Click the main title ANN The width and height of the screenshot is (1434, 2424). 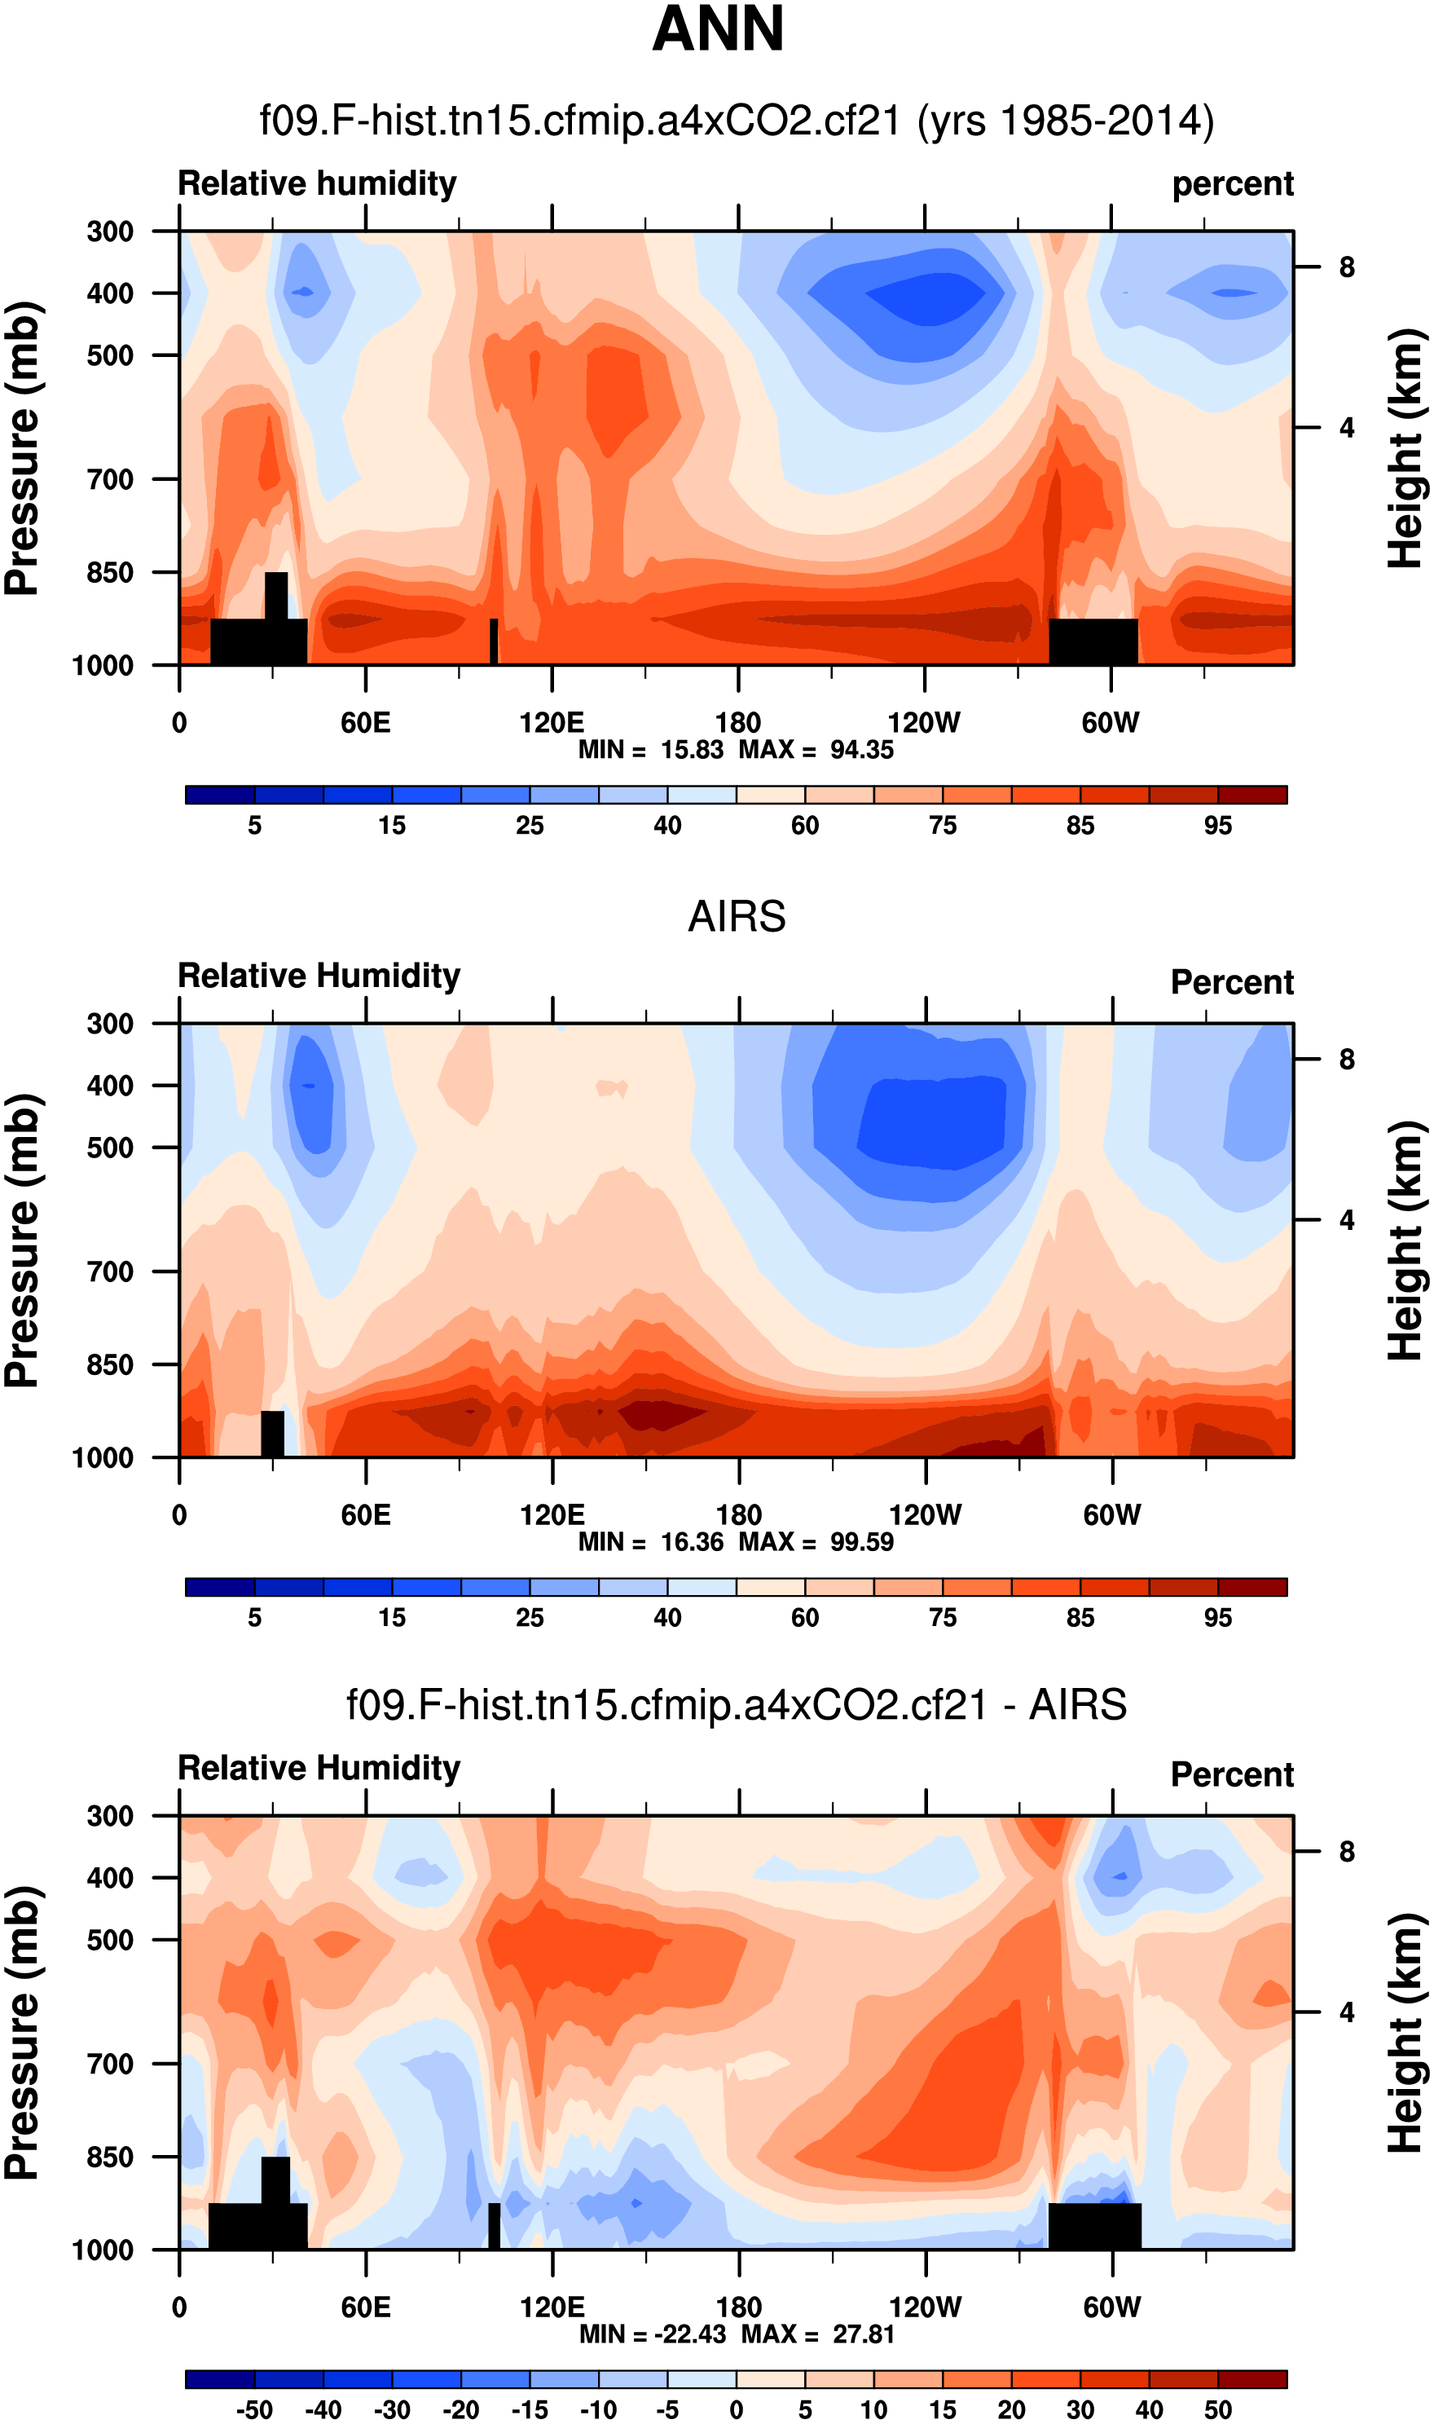point(718,29)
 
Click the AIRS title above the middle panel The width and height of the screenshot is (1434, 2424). point(737,916)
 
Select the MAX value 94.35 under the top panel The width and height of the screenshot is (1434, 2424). point(862,750)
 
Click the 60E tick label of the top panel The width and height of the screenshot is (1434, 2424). point(365,723)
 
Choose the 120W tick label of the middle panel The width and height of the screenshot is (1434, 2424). point(925,1514)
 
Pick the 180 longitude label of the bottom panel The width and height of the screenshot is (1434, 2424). point(738,2307)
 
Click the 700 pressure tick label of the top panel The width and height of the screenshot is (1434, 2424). point(110,479)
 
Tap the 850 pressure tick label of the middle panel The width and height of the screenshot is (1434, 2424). point(110,1364)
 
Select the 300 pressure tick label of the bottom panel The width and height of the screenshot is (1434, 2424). point(110,1816)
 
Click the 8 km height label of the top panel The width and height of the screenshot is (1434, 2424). point(1346,267)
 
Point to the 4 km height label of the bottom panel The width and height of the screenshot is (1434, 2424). point(1346,2012)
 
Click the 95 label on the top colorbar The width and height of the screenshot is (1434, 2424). point(1217,826)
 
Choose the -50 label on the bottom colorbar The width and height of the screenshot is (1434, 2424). point(254,2409)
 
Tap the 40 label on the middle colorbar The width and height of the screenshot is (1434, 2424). point(666,1618)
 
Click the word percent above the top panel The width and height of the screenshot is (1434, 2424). point(1232,183)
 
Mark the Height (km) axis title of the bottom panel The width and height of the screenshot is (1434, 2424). point(1407,2034)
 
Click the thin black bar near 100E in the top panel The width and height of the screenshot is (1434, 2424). point(494,641)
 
